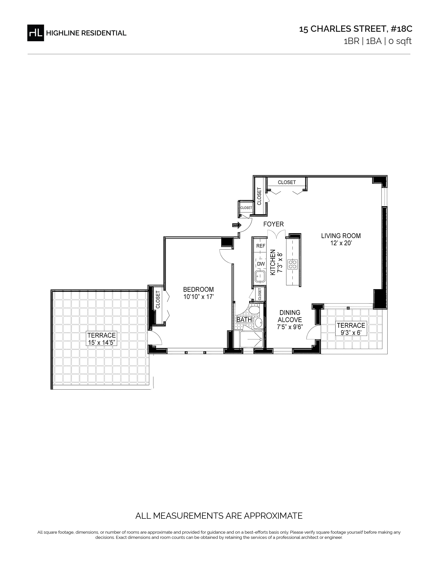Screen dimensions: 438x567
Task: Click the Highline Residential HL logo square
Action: (x=36, y=33)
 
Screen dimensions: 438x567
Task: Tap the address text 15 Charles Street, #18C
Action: (x=356, y=29)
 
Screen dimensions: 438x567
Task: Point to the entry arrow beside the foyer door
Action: (x=237, y=225)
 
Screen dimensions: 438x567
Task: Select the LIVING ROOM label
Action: (x=341, y=236)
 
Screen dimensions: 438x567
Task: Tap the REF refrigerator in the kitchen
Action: (x=261, y=246)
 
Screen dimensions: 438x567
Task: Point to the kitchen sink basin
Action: (x=260, y=276)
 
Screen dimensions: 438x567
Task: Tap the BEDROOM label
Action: (x=199, y=289)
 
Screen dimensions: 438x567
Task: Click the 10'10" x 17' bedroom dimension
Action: (x=199, y=297)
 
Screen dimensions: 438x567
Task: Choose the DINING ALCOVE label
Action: (x=290, y=316)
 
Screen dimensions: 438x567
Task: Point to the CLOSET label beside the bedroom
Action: (x=158, y=299)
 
